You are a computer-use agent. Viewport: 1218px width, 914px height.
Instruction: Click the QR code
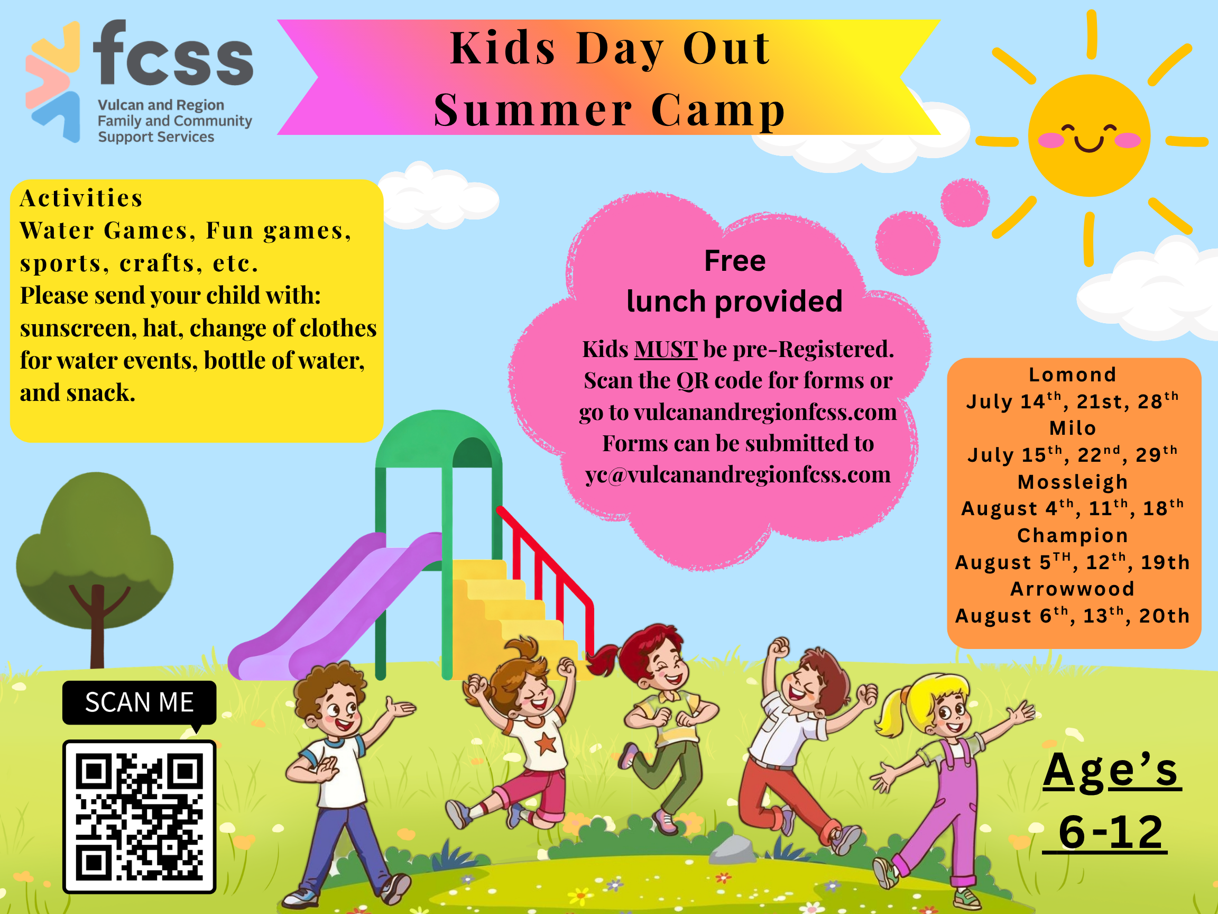(x=140, y=816)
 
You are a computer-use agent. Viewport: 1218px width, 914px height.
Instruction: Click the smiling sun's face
(x=1088, y=136)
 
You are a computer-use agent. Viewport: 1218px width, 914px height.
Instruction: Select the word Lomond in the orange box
(x=1072, y=374)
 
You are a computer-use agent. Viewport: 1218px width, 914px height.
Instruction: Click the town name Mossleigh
(x=1072, y=482)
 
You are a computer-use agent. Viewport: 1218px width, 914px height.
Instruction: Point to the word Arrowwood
(x=1072, y=589)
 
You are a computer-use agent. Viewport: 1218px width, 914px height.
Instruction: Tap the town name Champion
(x=1072, y=535)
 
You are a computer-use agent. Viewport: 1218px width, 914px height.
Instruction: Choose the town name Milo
(x=1072, y=428)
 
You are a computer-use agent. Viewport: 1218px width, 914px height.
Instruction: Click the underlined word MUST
(x=665, y=349)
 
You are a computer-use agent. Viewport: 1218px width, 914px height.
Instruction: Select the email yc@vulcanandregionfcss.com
(x=737, y=475)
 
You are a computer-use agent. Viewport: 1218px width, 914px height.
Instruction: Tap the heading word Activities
(x=81, y=198)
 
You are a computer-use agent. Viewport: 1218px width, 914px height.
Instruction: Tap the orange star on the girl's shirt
(x=546, y=744)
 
